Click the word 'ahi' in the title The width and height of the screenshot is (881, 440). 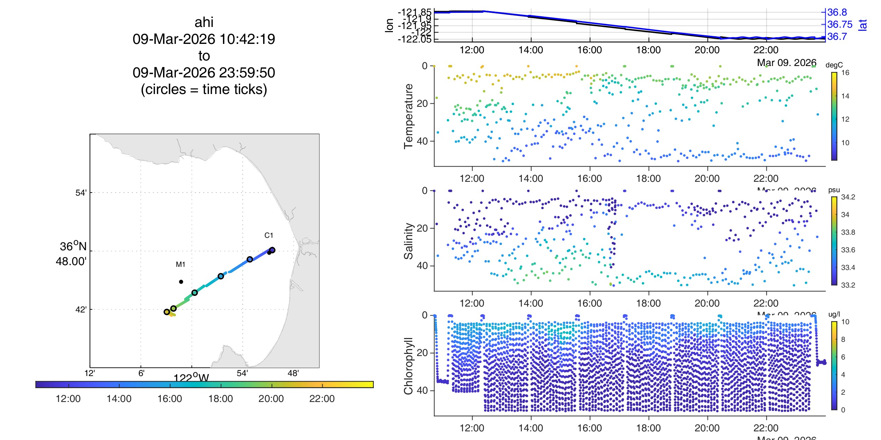click(x=204, y=22)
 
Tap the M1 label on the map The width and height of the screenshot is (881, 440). click(x=180, y=264)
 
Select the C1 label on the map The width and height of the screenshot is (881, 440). click(x=269, y=235)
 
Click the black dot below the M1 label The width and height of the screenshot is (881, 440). click(x=181, y=282)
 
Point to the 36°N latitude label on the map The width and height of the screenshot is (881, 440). click(x=73, y=246)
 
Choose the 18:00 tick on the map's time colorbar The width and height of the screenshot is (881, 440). click(x=221, y=399)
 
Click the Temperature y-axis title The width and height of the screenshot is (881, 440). click(x=409, y=116)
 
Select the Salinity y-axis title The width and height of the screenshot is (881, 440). click(x=409, y=241)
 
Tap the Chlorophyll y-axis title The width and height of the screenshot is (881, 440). click(x=409, y=366)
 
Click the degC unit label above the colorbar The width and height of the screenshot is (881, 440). click(x=834, y=65)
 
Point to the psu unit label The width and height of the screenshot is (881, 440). click(x=834, y=190)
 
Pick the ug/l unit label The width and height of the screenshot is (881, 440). click(x=834, y=314)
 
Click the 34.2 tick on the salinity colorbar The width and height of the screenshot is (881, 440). click(x=848, y=197)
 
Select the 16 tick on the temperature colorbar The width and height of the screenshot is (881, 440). click(x=845, y=73)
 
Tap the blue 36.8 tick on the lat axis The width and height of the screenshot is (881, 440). click(x=837, y=12)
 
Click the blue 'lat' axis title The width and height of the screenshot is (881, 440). click(x=863, y=25)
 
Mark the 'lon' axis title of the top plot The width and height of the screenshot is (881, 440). click(x=389, y=25)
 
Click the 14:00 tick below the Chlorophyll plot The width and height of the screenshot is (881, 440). click(x=531, y=428)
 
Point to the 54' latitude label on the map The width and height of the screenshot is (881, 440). click(x=81, y=193)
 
